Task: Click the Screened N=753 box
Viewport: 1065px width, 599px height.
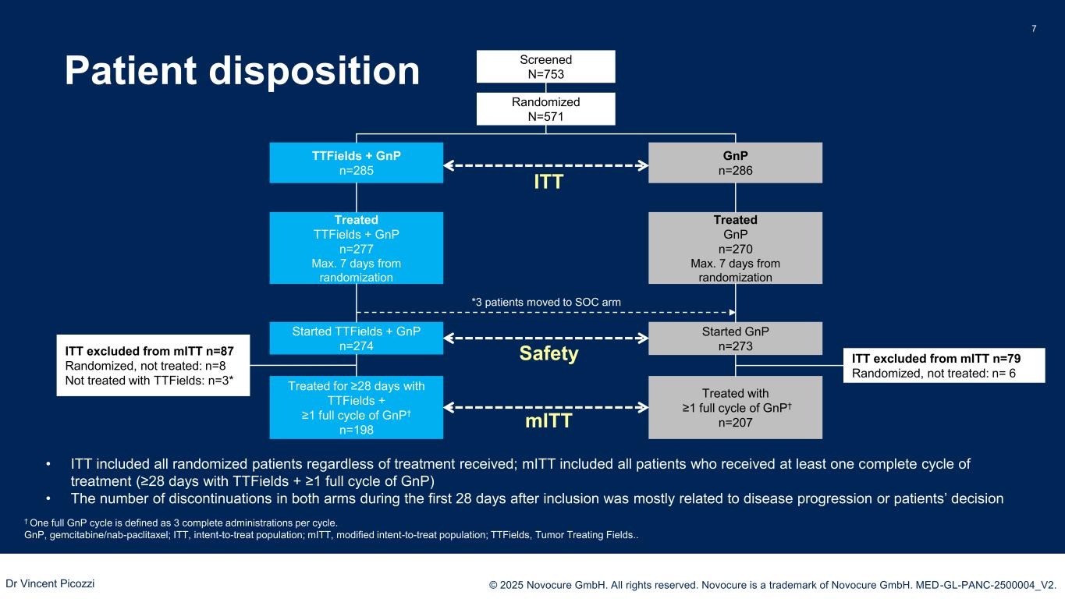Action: click(545, 66)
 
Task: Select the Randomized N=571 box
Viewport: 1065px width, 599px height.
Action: click(545, 108)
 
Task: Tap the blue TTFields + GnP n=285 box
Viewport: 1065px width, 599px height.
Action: click(356, 162)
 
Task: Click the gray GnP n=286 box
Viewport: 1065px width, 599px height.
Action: click(735, 162)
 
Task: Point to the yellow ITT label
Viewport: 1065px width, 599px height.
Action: click(548, 183)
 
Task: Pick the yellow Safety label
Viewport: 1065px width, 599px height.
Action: click(548, 354)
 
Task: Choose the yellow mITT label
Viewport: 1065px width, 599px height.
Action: click(548, 422)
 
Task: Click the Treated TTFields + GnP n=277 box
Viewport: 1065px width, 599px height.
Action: click(356, 248)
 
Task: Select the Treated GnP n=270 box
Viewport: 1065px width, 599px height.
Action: click(735, 248)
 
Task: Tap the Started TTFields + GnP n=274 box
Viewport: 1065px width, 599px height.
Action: click(356, 338)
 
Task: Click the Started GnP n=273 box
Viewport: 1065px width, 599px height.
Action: click(735, 338)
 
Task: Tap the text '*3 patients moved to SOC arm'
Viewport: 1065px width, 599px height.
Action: click(547, 301)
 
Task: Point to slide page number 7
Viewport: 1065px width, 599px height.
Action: click(1034, 29)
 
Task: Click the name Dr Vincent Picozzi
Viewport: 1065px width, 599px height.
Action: click(50, 583)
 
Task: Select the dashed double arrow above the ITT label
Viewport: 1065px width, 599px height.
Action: click(546, 165)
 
